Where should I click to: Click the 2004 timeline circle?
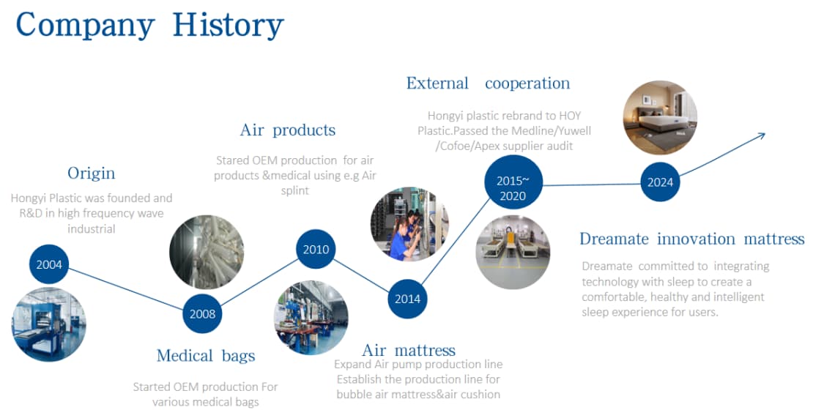(x=49, y=264)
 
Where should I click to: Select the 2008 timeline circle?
(x=202, y=313)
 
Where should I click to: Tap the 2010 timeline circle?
(x=316, y=250)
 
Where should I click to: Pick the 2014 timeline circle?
(x=407, y=299)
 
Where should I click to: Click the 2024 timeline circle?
(x=660, y=182)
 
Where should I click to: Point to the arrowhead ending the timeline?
(x=761, y=135)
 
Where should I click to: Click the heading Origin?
(x=92, y=173)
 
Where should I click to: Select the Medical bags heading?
(x=206, y=356)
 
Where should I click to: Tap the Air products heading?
(x=288, y=130)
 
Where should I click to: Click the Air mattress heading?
(x=409, y=351)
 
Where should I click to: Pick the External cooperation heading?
(x=488, y=83)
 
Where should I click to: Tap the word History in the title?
(x=228, y=26)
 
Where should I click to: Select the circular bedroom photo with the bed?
(x=660, y=118)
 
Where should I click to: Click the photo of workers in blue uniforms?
(x=409, y=224)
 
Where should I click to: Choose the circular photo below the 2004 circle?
(x=49, y=324)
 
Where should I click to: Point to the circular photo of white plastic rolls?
(x=207, y=252)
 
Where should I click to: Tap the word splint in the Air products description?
(x=295, y=191)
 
